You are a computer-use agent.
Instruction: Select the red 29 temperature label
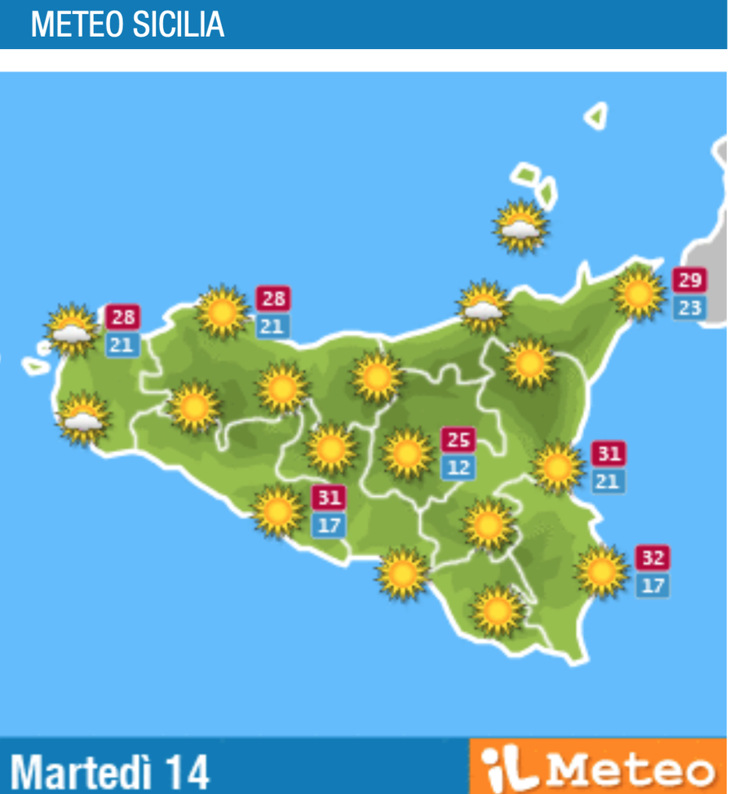[688, 281]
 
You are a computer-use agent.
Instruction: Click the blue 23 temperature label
[688, 308]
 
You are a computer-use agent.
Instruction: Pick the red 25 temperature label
[458, 440]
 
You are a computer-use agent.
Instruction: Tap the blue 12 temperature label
[458, 468]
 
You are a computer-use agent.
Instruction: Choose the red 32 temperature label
[653, 558]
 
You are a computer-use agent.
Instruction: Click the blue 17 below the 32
[653, 585]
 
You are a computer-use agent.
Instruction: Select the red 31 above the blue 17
[329, 497]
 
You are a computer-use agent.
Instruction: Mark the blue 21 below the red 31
[607, 481]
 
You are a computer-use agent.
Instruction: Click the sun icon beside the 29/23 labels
[639, 292]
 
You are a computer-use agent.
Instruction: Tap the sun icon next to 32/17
[602, 571]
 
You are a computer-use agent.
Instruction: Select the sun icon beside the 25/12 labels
[407, 454]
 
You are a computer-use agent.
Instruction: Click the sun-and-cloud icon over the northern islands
[520, 226]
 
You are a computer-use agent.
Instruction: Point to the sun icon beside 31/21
[558, 467]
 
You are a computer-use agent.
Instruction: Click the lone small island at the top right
[597, 116]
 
